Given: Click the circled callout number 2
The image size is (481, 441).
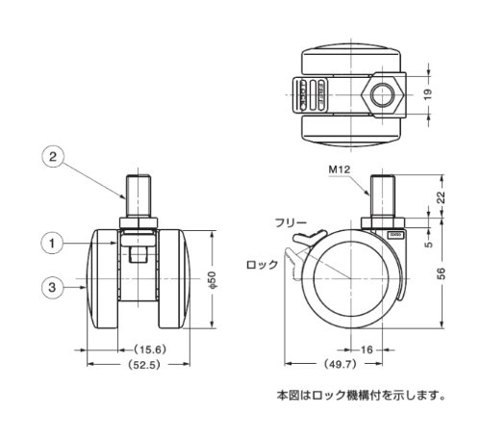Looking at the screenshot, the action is click(53, 157).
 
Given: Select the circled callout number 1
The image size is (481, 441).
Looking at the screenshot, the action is click(52, 244).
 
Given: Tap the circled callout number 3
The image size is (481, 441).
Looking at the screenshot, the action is click(52, 287).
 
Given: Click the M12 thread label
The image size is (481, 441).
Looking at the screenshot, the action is click(340, 169).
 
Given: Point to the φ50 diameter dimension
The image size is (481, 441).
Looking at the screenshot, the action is click(213, 279).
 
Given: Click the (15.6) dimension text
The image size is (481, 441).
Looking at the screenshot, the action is click(150, 350).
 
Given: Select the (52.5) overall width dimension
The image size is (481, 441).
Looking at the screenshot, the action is click(143, 365).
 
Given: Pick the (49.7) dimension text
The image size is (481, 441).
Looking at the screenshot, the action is click(341, 364).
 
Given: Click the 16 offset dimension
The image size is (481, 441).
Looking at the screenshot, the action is click(367, 350).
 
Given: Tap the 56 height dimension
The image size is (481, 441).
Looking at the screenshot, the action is click(442, 273).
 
